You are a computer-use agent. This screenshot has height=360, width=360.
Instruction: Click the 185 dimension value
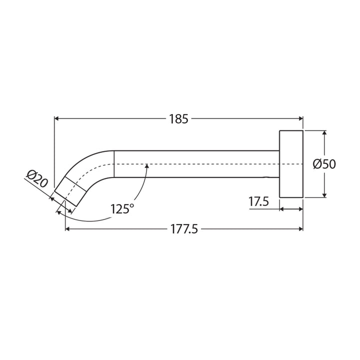(x=178, y=119)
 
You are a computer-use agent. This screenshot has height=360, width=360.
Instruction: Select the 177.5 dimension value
(x=184, y=229)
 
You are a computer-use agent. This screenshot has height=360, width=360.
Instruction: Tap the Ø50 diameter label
(x=324, y=164)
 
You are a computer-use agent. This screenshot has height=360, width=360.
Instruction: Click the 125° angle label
(x=122, y=208)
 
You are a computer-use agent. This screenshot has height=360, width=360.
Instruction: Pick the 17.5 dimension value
(x=259, y=202)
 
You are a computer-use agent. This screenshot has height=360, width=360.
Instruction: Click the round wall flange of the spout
(x=291, y=164)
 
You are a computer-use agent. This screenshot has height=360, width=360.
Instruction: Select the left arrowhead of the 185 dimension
(x=56, y=119)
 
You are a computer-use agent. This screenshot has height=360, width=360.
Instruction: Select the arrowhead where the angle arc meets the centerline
(x=146, y=167)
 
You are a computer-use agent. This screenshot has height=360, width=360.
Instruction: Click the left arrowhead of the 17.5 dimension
(x=282, y=209)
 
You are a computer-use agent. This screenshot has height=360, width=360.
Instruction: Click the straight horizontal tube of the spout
(x=195, y=163)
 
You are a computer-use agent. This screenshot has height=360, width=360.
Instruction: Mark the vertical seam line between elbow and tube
(x=114, y=163)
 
